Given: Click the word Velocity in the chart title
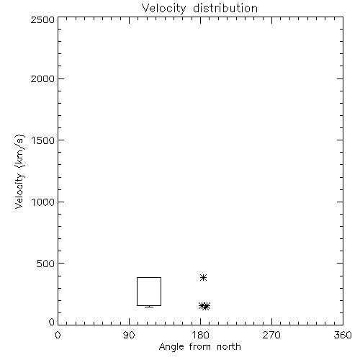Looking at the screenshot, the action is (x=163, y=9).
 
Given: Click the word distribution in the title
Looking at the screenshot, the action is (x=225, y=8).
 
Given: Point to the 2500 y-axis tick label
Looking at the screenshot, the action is (x=42, y=19).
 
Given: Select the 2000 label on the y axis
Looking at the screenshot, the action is (x=42, y=78).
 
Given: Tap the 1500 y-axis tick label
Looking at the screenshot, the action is (x=43, y=140).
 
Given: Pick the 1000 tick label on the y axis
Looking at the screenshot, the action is (x=43, y=202).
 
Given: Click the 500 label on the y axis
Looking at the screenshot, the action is (x=46, y=264).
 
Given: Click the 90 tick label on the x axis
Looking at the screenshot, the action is (x=129, y=335).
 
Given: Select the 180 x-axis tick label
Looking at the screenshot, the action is (x=200, y=335).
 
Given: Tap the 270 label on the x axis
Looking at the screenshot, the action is (x=271, y=335).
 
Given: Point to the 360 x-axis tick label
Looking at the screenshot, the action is (x=343, y=335).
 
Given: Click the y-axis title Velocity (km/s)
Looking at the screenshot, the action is (x=19, y=171).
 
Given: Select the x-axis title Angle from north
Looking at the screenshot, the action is (x=200, y=347).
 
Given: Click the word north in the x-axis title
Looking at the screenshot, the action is (x=229, y=347).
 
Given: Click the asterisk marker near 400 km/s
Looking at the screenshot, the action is (x=203, y=278).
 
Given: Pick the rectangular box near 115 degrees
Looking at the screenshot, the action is (x=137, y=292).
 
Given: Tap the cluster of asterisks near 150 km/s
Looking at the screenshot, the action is (x=204, y=306).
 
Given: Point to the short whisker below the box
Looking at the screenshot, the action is (x=149, y=307).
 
